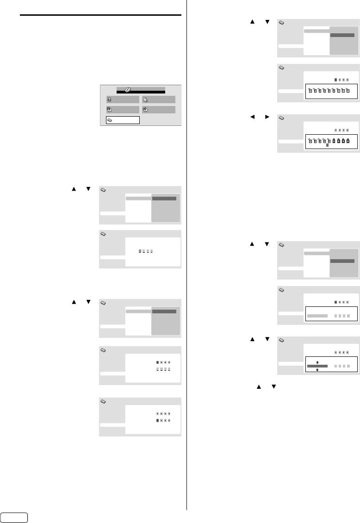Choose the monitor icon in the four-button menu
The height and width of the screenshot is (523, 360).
point(145,99)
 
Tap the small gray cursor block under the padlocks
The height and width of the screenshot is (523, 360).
point(327,145)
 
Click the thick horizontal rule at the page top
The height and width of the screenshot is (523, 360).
point(100,15)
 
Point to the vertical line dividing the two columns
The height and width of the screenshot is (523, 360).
point(186,255)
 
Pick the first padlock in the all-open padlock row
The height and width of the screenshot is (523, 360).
point(310,90)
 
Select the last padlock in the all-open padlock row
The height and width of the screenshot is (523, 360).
point(348,90)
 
